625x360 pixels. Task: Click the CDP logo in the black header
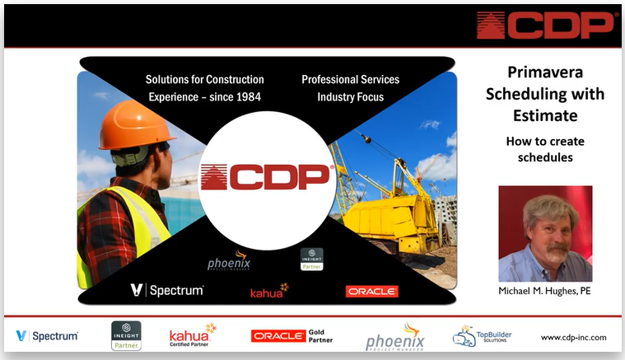click(x=545, y=25)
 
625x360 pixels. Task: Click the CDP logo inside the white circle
click(x=266, y=176)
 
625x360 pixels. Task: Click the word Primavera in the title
click(x=545, y=72)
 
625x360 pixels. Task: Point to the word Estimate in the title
click(x=545, y=115)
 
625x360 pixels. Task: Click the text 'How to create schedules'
click(x=545, y=149)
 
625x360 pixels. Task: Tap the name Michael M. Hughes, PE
click(x=544, y=291)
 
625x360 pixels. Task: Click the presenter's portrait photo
click(x=545, y=234)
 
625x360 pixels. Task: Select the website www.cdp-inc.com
click(x=574, y=338)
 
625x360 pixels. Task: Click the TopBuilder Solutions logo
click(x=482, y=336)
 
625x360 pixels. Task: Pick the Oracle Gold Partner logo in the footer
click(x=292, y=336)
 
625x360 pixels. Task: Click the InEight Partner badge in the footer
click(x=126, y=335)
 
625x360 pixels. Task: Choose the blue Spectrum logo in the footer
click(x=47, y=336)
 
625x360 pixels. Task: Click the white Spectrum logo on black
click(x=167, y=290)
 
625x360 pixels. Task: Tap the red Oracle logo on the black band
click(x=372, y=292)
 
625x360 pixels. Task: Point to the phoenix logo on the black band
click(x=229, y=260)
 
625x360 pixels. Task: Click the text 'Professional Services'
click(x=350, y=79)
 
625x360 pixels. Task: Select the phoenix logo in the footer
click(x=395, y=337)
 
